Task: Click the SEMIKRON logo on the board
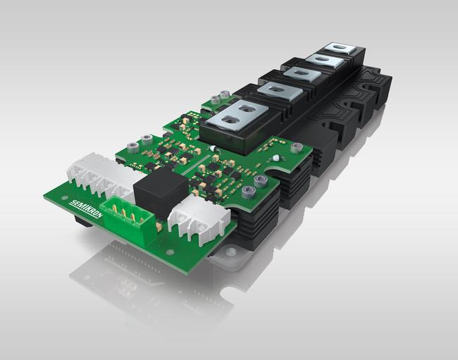pyautogui.click(x=86, y=209)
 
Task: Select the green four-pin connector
pyautogui.click(x=128, y=218)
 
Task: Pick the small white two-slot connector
pyautogui.click(x=199, y=217)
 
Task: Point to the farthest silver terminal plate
pyautogui.click(x=341, y=49)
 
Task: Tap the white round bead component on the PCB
pyautogui.click(x=276, y=159)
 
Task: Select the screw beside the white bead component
pyautogui.click(x=296, y=148)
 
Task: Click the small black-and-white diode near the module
pyautogui.click(x=213, y=149)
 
